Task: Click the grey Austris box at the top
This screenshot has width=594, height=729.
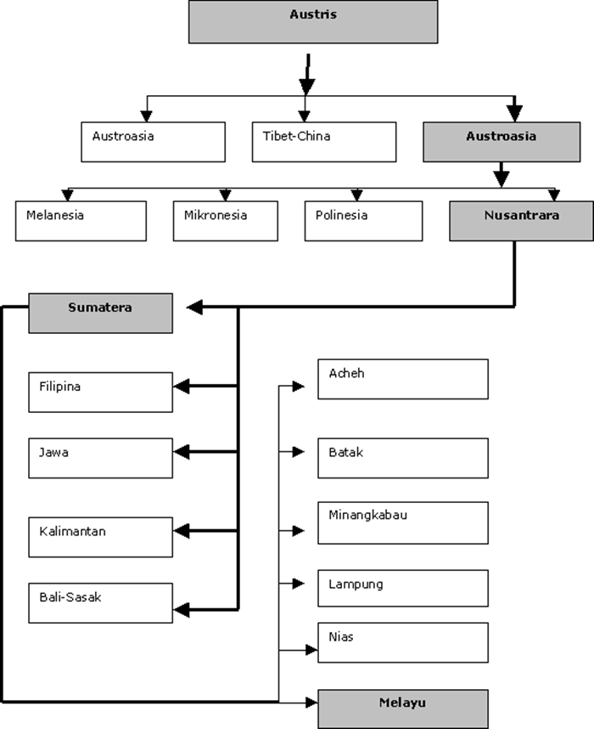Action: coord(313,22)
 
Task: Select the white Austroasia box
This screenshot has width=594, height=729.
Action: coord(154,142)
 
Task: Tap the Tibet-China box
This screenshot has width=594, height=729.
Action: coord(324,142)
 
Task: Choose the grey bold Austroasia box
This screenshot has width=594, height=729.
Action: coord(502,142)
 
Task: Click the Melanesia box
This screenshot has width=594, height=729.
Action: coord(81,221)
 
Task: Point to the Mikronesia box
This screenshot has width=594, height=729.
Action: coord(226,221)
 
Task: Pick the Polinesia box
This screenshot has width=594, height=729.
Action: coord(364,221)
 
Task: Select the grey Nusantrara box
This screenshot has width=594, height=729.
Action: coord(522,221)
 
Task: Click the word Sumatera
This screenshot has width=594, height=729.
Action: coord(100,308)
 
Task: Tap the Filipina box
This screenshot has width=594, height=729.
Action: coord(101,392)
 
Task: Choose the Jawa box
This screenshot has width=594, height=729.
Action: coord(101,458)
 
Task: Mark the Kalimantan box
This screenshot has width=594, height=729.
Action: coord(101,537)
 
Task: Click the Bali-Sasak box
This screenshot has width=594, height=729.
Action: coord(101,603)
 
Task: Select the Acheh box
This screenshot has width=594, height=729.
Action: coord(403,379)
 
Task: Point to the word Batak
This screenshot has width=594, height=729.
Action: coord(346,452)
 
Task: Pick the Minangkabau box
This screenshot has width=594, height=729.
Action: coord(403,523)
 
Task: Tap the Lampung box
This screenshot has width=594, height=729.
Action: coord(403,588)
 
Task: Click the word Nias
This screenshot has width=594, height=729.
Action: coord(341,637)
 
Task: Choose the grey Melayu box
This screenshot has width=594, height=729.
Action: coord(403,709)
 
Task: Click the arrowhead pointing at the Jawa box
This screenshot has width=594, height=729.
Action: coord(182,451)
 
